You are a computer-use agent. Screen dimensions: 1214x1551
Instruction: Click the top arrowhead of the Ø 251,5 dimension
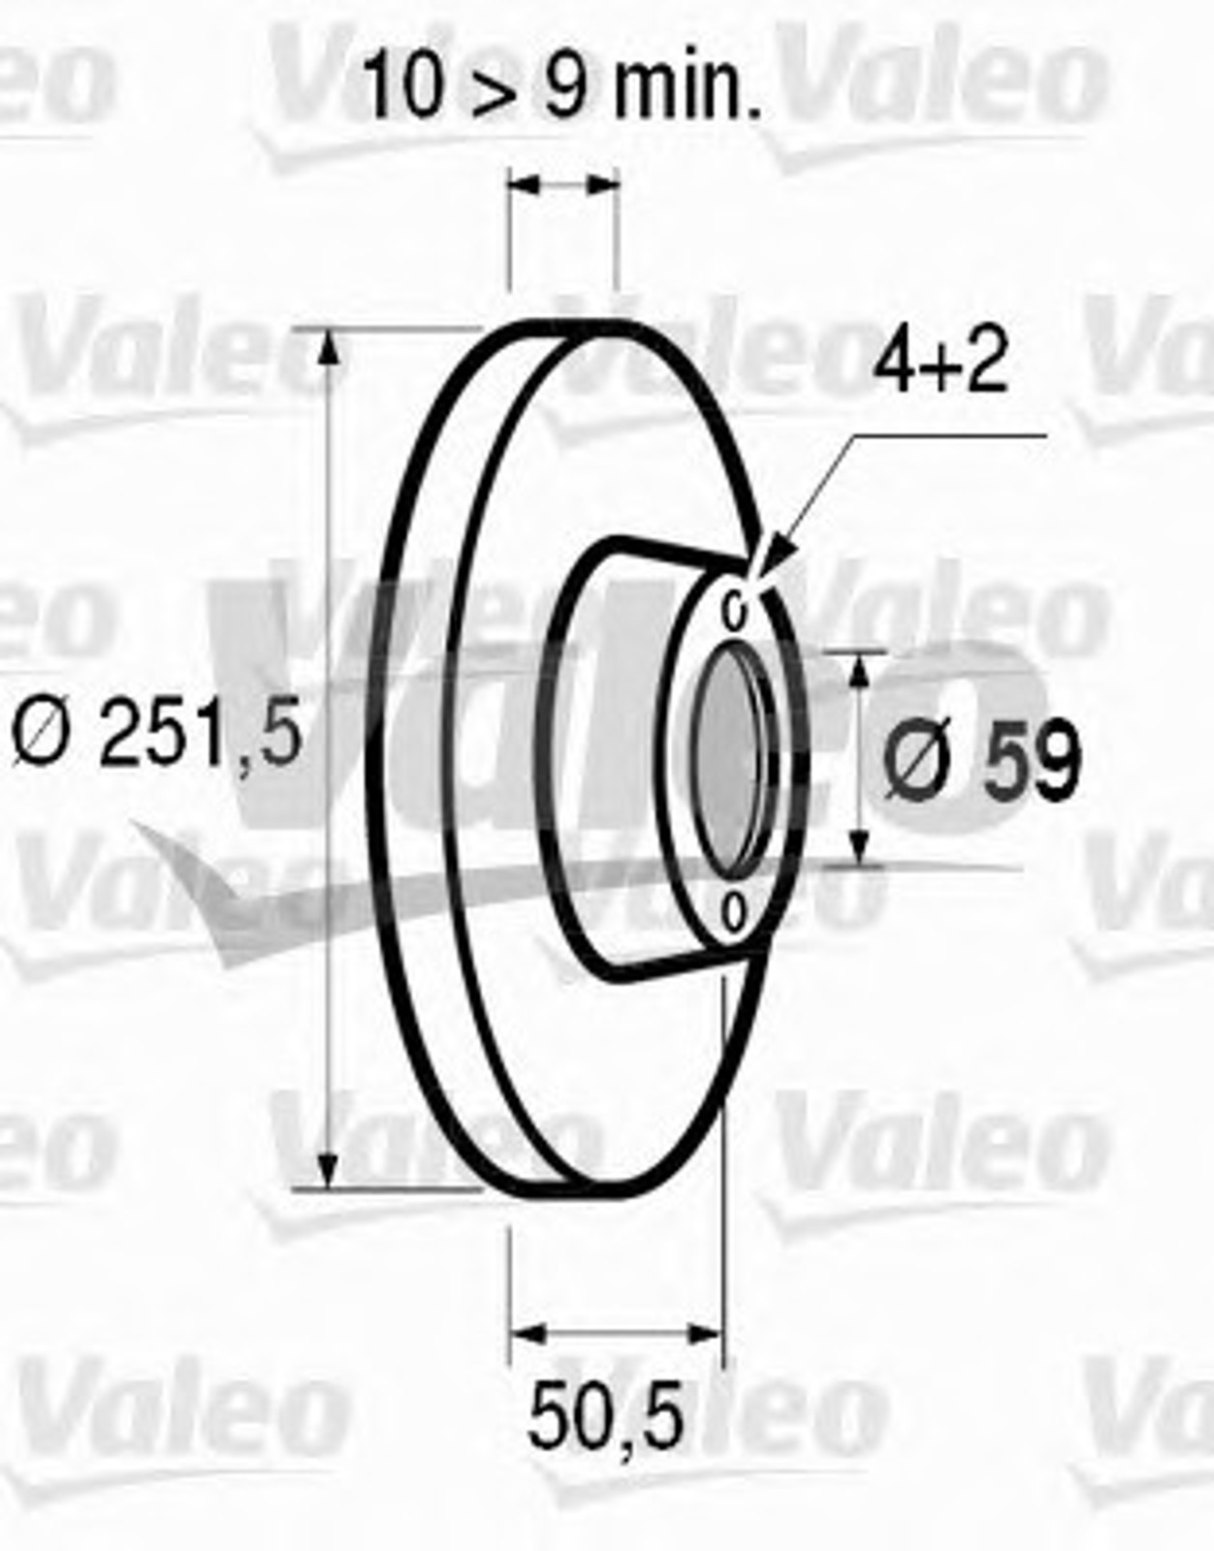point(328,351)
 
